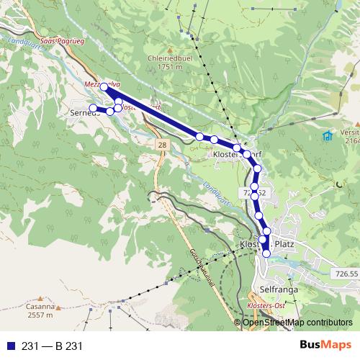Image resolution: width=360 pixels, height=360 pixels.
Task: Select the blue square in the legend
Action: [8, 346]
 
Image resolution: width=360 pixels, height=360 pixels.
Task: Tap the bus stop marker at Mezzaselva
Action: [104, 87]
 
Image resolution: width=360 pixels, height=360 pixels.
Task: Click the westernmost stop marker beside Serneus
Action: [93, 109]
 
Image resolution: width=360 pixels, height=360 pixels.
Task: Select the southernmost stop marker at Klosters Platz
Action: [266, 253]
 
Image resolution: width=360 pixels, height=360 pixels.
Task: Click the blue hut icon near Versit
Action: [327, 135]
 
